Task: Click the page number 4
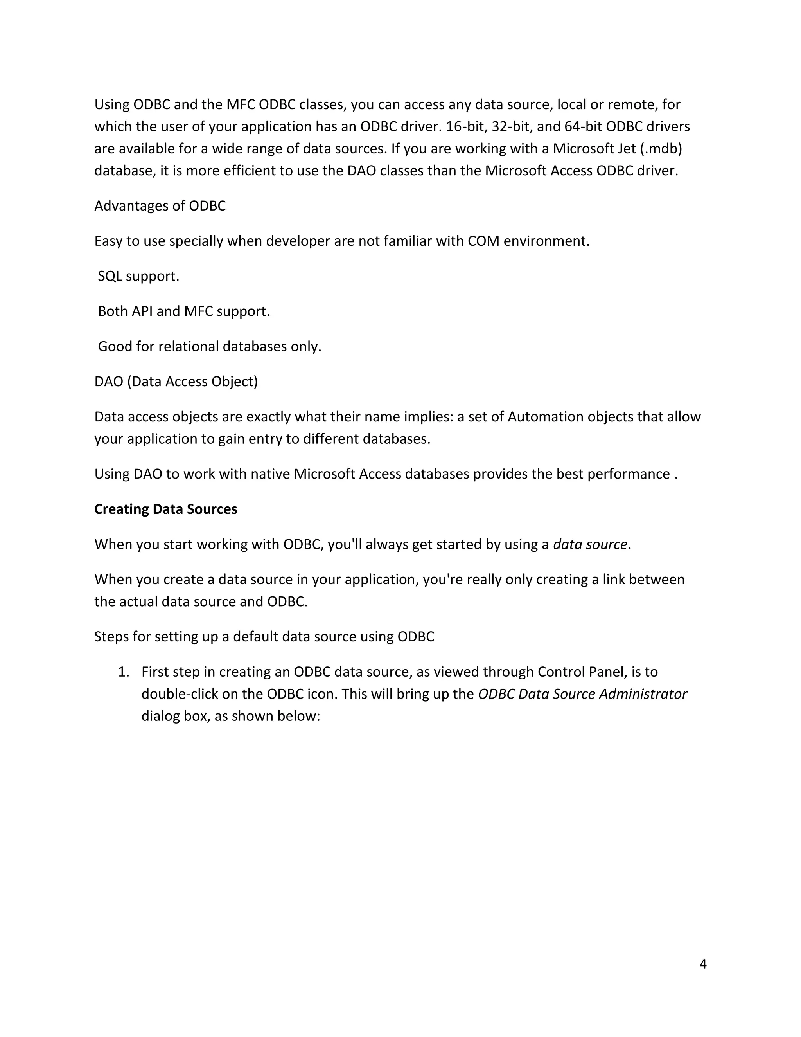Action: (703, 964)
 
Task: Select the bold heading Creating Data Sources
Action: (165, 509)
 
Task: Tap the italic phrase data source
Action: (590, 544)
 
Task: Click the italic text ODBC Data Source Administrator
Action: (582, 694)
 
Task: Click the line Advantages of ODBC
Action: (160, 205)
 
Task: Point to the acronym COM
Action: (483, 241)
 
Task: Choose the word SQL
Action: (110, 276)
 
